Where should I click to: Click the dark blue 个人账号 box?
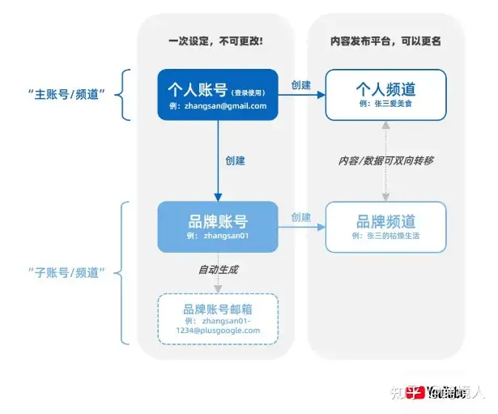coord(217,95)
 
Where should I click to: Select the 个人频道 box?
coord(385,94)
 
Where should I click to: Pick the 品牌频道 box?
coord(385,226)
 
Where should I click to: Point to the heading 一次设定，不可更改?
coord(215,41)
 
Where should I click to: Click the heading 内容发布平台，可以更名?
coord(385,41)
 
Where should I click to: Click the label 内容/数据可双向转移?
coord(385,160)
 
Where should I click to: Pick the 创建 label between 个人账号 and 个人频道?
coord(300,85)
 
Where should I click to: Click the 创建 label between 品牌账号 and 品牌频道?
coord(300,217)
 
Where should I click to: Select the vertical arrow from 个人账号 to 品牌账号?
coord(217,162)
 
